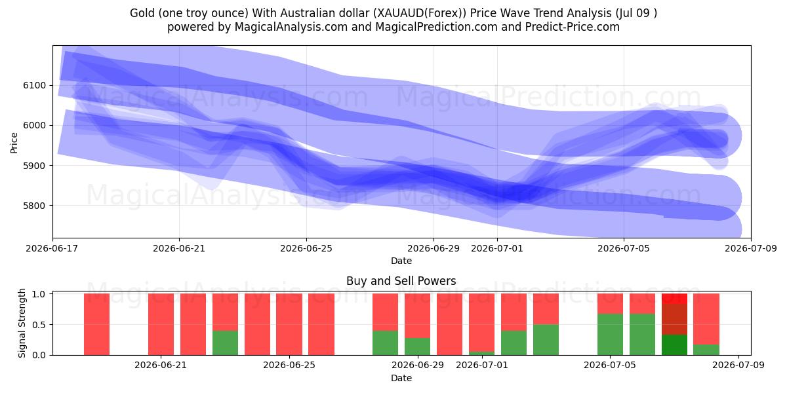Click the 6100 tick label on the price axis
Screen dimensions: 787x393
[x=34, y=86]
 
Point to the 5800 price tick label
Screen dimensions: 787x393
[x=34, y=206]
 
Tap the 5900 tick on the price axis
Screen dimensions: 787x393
[x=34, y=166]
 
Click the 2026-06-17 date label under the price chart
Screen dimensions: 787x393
[x=52, y=248]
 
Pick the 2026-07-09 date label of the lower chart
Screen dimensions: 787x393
[x=738, y=365]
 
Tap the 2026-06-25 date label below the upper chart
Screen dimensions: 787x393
[x=306, y=248]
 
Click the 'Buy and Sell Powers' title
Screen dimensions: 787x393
[x=401, y=281]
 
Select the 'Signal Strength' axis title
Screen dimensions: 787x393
[x=22, y=323]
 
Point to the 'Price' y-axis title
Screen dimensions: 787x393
[x=14, y=143]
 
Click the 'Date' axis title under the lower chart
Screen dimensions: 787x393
[x=401, y=378]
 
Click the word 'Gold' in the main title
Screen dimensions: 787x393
[x=142, y=13]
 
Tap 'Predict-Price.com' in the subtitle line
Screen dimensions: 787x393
[x=573, y=27]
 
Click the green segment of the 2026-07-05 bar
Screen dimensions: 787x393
[x=611, y=335]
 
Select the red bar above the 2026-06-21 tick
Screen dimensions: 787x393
[x=161, y=324]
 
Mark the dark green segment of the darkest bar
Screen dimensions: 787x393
[x=674, y=345]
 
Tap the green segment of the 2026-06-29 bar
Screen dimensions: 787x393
[x=417, y=346]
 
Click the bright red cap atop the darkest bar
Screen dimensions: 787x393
[x=674, y=299]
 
